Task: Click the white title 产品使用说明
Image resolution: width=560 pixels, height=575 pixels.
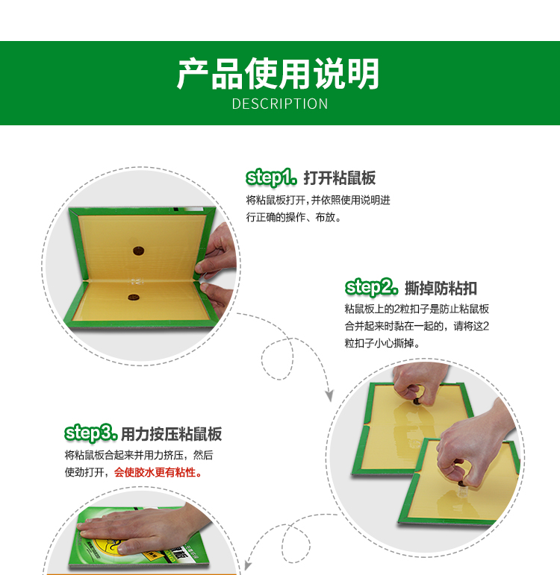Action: pos(278,74)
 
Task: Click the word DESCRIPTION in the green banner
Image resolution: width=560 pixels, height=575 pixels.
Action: pos(280,104)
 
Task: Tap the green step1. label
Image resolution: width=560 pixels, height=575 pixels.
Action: pos(271,177)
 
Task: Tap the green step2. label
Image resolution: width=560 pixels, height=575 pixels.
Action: pos(371,288)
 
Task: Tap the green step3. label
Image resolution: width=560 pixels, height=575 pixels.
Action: pos(90,433)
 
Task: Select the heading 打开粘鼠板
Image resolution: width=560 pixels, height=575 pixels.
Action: pos(339,178)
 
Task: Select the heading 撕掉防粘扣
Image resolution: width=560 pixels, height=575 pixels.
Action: pos(441,288)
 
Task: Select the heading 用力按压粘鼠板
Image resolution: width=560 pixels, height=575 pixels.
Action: pos(171,434)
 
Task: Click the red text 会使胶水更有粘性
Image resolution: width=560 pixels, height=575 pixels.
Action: pos(158,472)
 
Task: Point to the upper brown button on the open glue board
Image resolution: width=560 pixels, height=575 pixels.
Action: pos(138,251)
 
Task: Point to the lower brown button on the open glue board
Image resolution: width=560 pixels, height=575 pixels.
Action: pos(134,297)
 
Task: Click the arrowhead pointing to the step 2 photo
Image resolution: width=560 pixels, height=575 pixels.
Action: pos(329,396)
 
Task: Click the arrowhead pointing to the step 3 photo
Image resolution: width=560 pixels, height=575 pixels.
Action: pos(248,565)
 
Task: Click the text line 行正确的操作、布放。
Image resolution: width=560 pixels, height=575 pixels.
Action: pos(293,218)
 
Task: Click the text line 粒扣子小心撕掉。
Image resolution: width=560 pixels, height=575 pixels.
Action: pos(382,343)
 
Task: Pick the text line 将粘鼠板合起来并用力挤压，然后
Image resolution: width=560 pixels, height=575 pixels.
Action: pos(139,455)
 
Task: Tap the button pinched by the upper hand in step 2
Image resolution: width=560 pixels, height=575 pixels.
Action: pos(417,401)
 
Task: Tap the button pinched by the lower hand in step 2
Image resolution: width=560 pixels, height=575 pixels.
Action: pos(461,484)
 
